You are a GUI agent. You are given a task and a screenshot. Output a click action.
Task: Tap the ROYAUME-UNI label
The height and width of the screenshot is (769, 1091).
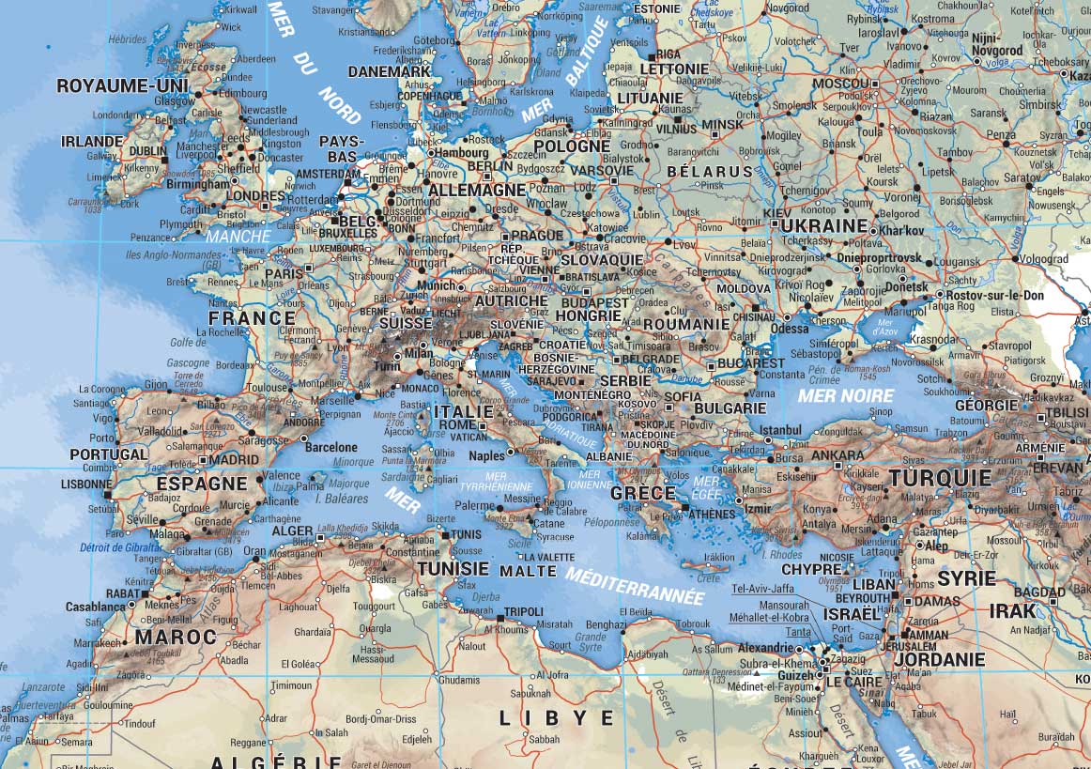point(122,86)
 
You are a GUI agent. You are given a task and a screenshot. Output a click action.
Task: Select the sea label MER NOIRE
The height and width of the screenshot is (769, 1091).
point(845,396)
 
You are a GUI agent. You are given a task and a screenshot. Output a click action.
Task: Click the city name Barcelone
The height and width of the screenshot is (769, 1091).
point(331,448)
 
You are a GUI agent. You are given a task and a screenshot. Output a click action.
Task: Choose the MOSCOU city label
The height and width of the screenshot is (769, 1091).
point(841,84)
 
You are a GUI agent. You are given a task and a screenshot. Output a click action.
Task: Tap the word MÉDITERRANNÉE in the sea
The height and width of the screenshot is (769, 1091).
point(634,586)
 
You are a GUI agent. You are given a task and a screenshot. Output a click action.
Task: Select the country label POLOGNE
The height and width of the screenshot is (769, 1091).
point(573,146)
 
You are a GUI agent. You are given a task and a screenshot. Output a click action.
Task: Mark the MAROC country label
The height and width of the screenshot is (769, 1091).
point(176,637)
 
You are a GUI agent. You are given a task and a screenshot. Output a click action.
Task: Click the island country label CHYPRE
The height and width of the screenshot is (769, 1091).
point(811,569)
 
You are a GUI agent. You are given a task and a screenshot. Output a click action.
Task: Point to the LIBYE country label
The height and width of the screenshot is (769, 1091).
point(556,718)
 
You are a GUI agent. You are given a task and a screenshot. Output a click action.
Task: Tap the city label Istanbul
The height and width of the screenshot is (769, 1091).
point(780,430)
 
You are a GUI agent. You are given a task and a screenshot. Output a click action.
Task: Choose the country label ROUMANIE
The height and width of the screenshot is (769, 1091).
point(685,324)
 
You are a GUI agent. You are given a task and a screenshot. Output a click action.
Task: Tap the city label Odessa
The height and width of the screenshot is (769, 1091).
point(789,329)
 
